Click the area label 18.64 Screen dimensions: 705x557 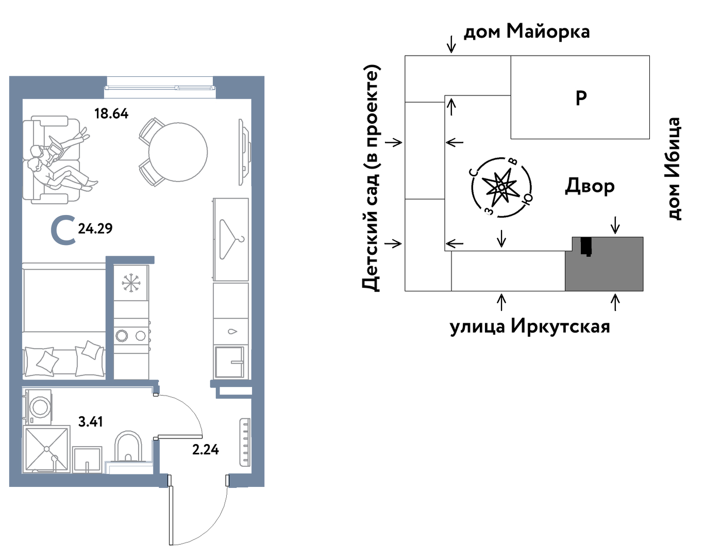[x=111, y=113]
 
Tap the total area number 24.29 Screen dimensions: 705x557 [x=95, y=228]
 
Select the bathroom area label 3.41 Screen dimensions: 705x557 [x=91, y=421]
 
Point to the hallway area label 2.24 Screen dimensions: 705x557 [x=206, y=450]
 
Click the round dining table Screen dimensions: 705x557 [x=178, y=152]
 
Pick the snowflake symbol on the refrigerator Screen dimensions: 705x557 [x=131, y=282]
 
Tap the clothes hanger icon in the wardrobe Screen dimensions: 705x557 [x=231, y=239]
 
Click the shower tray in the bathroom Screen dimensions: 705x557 [x=47, y=449]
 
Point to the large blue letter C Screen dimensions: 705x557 [x=64, y=230]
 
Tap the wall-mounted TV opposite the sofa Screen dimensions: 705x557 [x=245, y=152]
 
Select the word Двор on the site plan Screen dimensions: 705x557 [x=590, y=186]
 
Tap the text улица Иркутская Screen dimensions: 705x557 [x=530, y=326]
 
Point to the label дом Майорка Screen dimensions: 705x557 [x=527, y=32]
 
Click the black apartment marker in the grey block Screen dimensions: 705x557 [x=586, y=246]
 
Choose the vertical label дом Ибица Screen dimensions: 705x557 [x=674, y=169]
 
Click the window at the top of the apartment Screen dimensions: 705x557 [x=160, y=88]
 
